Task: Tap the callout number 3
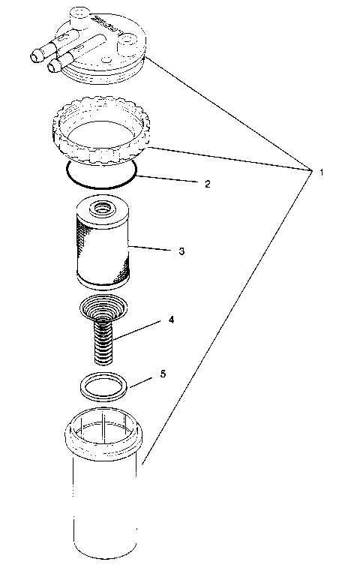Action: pyautogui.click(x=181, y=251)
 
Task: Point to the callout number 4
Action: pyautogui.click(x=172, y=320)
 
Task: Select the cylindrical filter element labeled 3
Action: pyautogui.click(x=103, y=245)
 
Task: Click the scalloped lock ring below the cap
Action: pyautogui.click(x=101, y=131)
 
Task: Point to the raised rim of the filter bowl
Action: pyautogui.click(x=105, y=435)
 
